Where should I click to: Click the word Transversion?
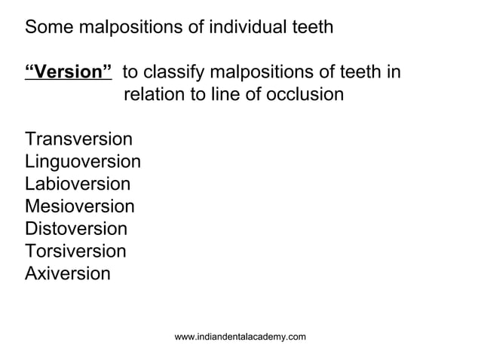78,139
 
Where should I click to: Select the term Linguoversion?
83,162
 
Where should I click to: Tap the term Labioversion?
78,184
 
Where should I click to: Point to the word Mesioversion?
80,206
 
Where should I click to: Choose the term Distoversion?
76,228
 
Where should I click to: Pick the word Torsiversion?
75,251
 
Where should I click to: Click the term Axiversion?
67,273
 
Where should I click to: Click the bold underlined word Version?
69,73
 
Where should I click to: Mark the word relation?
154,95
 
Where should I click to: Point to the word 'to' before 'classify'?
130,73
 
